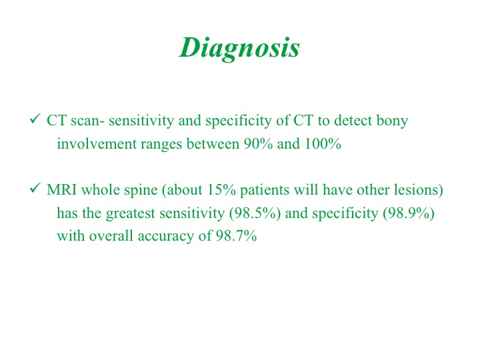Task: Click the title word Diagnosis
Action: pyautogui.click(x=239, y=48)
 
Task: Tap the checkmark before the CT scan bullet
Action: pyautogui.click(x=35, y=119)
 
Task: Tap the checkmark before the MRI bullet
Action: pyautogui.click(x=35, y=187)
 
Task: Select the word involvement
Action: pyautogui.click(x=97, y=144)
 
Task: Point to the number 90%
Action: pyautogui.click(x=258, y=144)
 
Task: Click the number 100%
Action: pyautogui.click(x=323, y=144)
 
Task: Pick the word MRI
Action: pyautogui.click(x=62, y=190)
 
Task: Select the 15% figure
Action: pyautogui.click(x=221, y=190)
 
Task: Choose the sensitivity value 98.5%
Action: pyautogui.click(x=255, y=213)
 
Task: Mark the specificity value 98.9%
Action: pyautogui.click(x=409, y=213)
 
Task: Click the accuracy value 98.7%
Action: pyautogui.click(x=236, y=236)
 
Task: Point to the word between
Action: pyautogui.click(x=213, y=144)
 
